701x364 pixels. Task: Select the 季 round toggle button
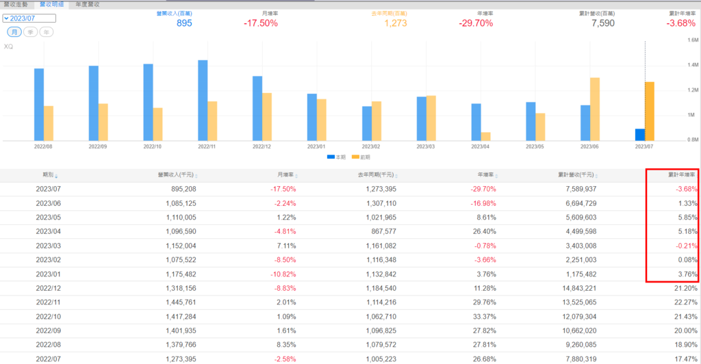[x=31, y=32]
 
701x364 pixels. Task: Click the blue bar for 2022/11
[x=203, y=100]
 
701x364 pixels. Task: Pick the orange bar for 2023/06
[x=595, y=109]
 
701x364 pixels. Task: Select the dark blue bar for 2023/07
[x=640, y=134]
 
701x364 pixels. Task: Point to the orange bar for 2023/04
[x=485, y=136]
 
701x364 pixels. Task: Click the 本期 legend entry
[x=335, y=157]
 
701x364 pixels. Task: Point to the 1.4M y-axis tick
[x=693, y=64]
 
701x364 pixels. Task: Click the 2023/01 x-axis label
[x=316, y=146]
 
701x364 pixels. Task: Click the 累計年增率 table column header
[x=681, y=175]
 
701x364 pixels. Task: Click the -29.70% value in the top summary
[x=476, y=23]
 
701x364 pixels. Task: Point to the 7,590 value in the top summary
[x=602, y=23]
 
